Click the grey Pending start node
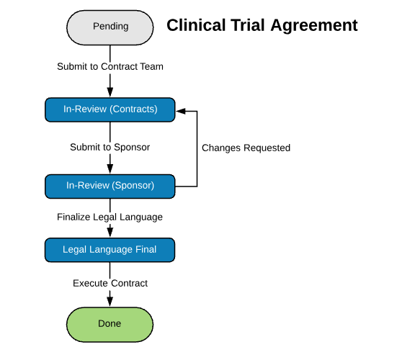pos(110,27)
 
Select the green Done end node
pos(110,325)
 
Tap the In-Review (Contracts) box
pos(110,109)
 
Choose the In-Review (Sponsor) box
pos(110,186)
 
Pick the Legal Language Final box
pos(110,250)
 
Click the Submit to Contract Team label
pos(110,66)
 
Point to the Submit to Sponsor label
pos(110,147)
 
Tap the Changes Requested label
pos(246,148)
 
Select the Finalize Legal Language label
pos(110,217)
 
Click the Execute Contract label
pos(110,284)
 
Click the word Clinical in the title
pos(196,25)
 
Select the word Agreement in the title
pos(314,26)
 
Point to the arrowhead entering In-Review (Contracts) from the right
pos(181,111)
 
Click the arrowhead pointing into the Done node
pos(110,302)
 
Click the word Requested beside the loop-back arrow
pos(267,148)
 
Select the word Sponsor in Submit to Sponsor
pos(132,148)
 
